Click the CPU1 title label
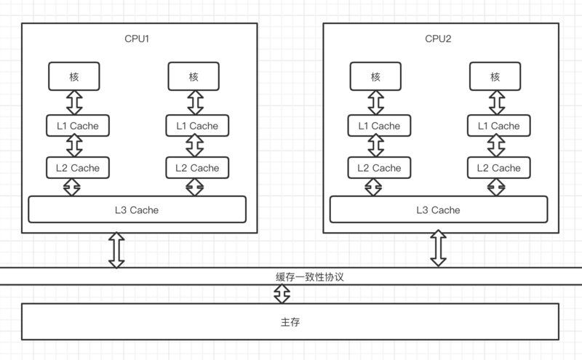click(x=137, y=38)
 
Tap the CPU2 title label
click(x=439, y=38)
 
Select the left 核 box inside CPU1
click(x=73, y=76)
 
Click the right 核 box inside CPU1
click(x=193, y=76)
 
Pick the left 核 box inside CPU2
click(x=375, y=76)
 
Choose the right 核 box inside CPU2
click(x=495, y=76)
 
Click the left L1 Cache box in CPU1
click(x=73, y=126)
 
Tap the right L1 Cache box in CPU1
click(x=193, y=126)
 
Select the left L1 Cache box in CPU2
click(x=375, y=126)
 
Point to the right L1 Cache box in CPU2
click(x=495, y=126)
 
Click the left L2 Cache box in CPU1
click(x=73, y=168)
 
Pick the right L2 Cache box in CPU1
click(x=193, y=168)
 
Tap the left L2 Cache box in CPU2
click(x=375, y=168)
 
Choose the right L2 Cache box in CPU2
click(x=495, y=168)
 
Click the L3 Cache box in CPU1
click(x=137, y=209)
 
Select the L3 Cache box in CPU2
click(x=439, y=209)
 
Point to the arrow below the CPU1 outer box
click(x=116, y=250)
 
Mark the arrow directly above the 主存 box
click(x=282, y=294)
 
